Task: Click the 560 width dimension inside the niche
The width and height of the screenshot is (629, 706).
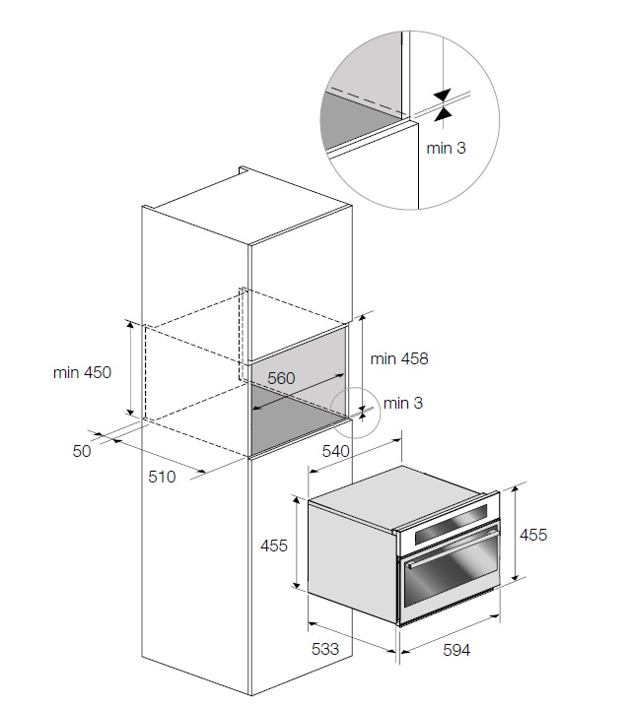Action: point(281,379)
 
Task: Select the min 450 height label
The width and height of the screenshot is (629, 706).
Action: point(83,372)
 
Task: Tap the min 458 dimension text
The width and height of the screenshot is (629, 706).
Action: point(399,358)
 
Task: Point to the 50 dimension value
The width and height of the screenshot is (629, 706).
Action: point(82,451)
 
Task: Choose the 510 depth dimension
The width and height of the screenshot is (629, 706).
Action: point(162,478)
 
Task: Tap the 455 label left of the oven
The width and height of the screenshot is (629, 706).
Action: point(274,546)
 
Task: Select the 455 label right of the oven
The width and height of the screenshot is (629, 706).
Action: point(533,535)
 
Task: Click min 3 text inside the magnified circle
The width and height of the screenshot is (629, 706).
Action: point(447,148)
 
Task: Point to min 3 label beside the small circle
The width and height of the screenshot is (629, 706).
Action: point(403,403)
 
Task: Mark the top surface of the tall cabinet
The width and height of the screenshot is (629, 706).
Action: point(246,208)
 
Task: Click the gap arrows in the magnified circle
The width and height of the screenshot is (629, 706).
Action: point(441,104)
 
